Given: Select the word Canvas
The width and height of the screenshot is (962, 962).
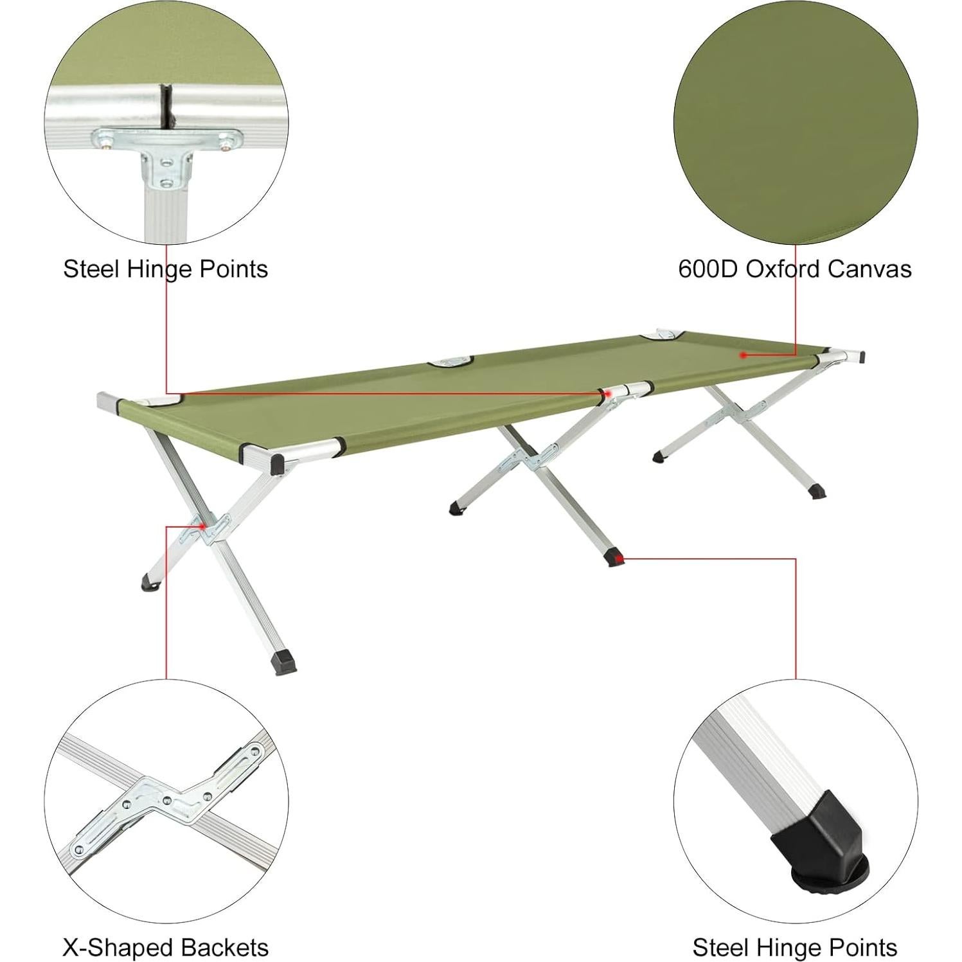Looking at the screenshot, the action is [x=869, y=269].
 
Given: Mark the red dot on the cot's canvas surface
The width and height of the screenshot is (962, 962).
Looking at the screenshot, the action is [x=742, y=355].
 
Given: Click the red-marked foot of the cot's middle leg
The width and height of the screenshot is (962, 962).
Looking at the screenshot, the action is [x=618, y=558].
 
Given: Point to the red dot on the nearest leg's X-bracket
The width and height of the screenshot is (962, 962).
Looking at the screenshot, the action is [x=202, y=526].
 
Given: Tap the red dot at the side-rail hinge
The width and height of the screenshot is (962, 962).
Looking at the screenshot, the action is [x=607, y=393].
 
